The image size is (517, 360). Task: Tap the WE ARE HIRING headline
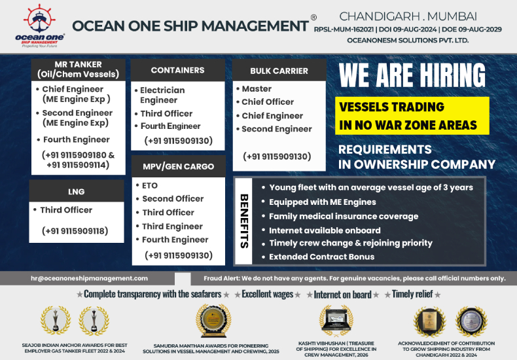tap(412, 75)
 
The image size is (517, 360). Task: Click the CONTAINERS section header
tap(177, 70)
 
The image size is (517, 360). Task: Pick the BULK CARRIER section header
tap(279, 71)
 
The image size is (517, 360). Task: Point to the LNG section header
tap(77, 192)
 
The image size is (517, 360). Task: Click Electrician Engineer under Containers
tap(163, 95)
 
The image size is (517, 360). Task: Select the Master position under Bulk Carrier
tap(257, 88)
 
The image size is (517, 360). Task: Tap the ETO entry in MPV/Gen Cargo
tap(150, 185)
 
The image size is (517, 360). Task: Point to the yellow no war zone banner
tap(412, 116)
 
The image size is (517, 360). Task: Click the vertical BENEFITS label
tap(243, 221)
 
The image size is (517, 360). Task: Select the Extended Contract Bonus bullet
tap(322, 257)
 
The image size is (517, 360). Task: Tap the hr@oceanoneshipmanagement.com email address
tap(89, 278)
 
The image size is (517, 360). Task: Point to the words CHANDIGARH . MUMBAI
tap(408, 15)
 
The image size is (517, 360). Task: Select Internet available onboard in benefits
tap(325, 230)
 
